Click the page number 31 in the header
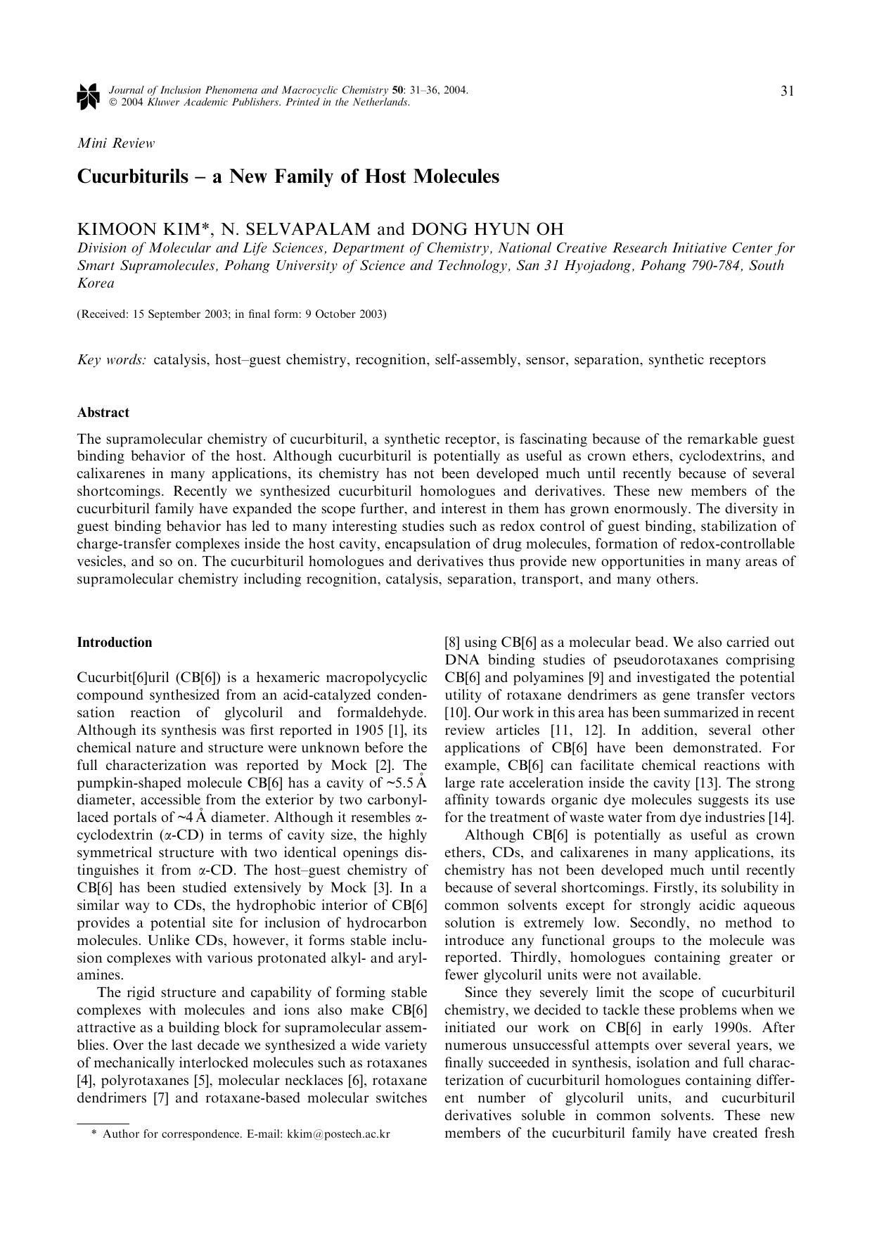point(787,91)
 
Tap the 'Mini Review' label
point(115,143)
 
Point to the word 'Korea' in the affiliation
point(96,283)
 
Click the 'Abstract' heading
point(103,413)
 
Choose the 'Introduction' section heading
point(115,642)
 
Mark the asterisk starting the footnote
point(94,1134)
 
